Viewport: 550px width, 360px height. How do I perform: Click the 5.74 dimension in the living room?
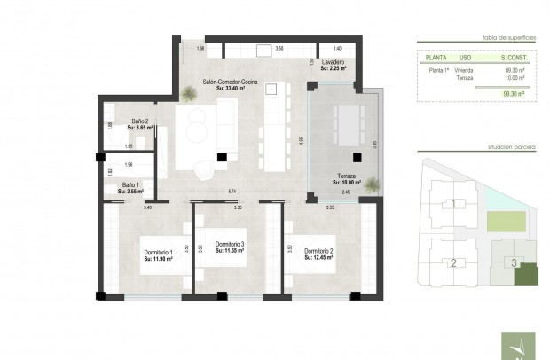(x=231, y=192)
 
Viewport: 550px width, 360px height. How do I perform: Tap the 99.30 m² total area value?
(x=514, y=92)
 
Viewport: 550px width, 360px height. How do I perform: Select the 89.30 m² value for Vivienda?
(x=514, y=69)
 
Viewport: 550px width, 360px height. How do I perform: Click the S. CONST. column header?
(x=513, y=57)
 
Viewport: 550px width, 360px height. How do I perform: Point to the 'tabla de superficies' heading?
(x=507, y=39)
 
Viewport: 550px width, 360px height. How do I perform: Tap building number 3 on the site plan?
(x=514, y=262)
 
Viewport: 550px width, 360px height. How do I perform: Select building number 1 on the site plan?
(x=453, y=203)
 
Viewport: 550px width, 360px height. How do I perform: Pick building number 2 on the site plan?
(x=452, y=262)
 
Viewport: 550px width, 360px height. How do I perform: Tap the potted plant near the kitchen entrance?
(x=188, y=92)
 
